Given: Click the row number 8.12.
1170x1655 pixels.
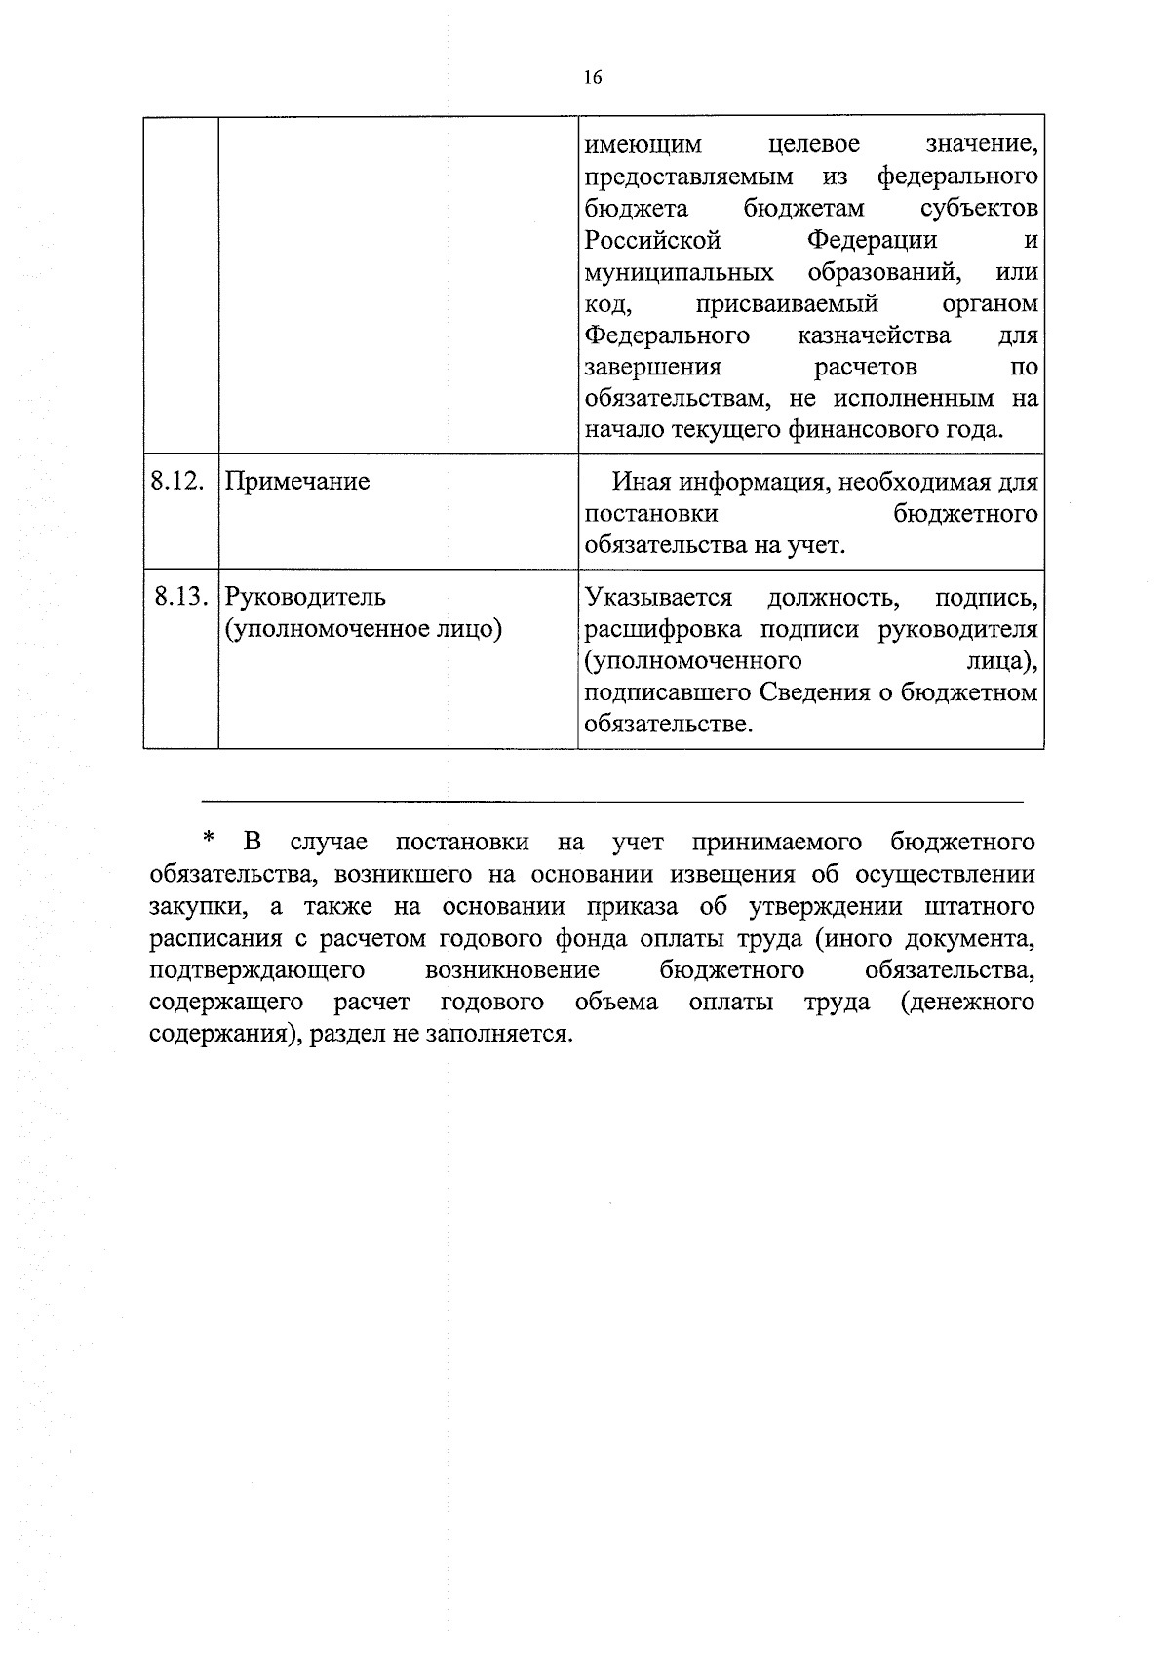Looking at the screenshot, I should tap(177, 481).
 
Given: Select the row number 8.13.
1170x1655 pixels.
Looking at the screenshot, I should tap(180, 596).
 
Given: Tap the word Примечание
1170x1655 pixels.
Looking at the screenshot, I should tap(297, 482).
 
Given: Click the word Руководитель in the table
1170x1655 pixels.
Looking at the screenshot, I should tap(305, 596).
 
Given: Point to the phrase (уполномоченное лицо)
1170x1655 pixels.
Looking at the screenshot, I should tap(364, 629).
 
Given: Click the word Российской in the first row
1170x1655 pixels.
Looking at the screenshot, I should tap(652, 240).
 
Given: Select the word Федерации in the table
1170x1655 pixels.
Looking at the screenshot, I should tap(872, 240).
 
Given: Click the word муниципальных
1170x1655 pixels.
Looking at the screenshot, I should tap(679, 272).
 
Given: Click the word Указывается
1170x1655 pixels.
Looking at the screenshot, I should tap(658, 596).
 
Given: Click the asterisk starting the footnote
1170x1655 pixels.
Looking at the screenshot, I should tap(207, 839).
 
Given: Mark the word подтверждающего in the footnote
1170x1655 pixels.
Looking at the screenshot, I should tap(257, 971).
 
